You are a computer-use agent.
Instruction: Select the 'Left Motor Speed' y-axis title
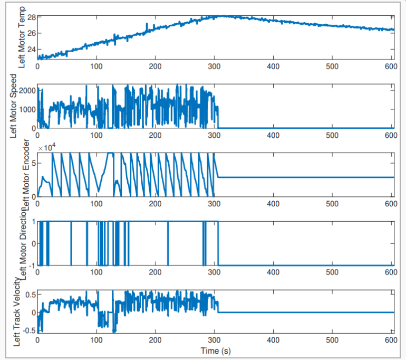pyautogui.click(x=14, y=106)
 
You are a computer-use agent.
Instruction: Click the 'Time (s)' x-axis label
pyautogui.click(x=216, y=350)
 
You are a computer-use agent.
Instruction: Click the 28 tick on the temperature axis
pyautogui.click(x=31, y=17)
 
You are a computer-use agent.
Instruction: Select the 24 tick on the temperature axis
pyautogui.click(x=31, y=50)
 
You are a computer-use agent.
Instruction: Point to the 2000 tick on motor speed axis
pyautogui.click(x=26, y=90)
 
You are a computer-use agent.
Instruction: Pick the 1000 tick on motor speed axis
pyautogui.click(x=26, y=109)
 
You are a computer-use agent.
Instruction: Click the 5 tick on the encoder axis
pyautogui.click(x=32, y=163)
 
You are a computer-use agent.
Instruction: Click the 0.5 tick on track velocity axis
pyautogui.click(x=28, y=295)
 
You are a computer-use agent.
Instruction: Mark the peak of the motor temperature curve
pyautogui.click(x=222, y=16)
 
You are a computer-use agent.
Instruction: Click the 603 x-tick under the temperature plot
pyautogui.click(x=391, y=67)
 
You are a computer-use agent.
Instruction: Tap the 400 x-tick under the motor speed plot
pyautogui.click(x=273, y=135)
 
